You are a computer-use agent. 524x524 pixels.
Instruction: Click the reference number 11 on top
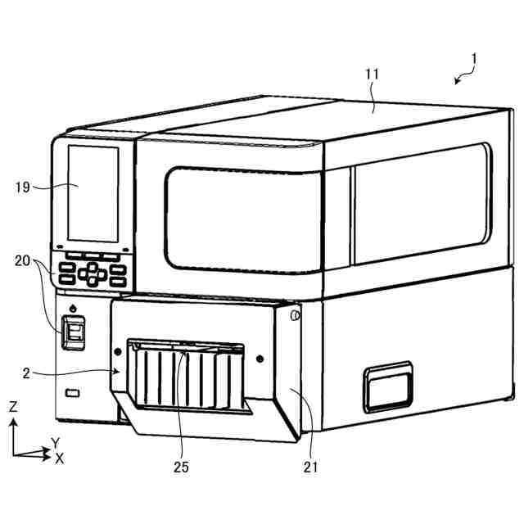click(372, 75)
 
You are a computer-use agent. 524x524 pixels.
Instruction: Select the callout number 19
click(23, 187)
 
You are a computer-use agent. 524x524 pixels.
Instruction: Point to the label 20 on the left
click(23, 261)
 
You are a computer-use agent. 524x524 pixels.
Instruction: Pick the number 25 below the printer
click(181, 468)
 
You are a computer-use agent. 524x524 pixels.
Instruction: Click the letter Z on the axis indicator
click(13, 406)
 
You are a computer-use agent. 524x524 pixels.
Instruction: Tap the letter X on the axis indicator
click(59, 458)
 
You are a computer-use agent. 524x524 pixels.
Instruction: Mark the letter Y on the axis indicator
click(55, 443)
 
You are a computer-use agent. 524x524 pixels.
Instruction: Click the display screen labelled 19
click(93, 195)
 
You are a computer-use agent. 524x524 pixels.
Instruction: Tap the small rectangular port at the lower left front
click(72, 395)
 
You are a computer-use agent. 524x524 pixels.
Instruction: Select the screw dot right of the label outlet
click(260, 359)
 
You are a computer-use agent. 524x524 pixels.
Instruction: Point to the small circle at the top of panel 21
click(294, 315)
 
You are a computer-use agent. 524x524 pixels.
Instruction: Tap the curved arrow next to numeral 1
click(463, 78)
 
